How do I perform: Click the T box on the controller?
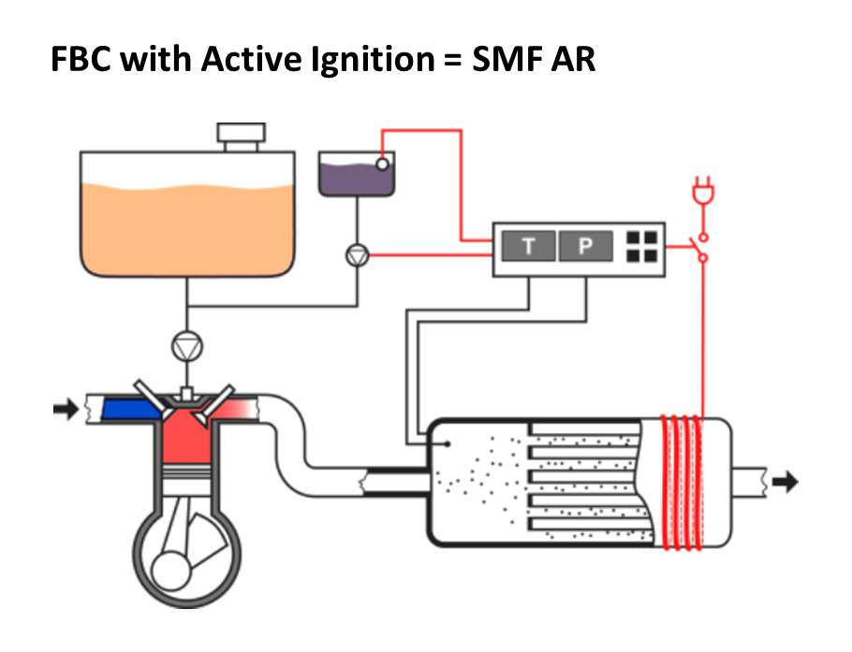(529, 247)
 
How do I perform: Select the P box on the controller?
(585, 247)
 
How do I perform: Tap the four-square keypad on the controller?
(641, 246)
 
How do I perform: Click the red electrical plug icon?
(701, 192)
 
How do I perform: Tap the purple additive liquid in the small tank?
(351, 178)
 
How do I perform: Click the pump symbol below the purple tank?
(357, 253)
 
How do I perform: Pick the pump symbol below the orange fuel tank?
(187, 346)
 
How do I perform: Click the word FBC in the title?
(82, 60)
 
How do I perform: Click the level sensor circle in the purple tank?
(382, 164)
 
